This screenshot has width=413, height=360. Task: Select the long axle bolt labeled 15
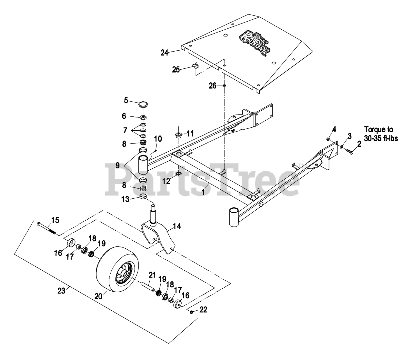click(x=47, y=228)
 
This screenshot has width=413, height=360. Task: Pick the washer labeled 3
click(x=341, y=147)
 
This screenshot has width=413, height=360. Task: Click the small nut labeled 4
click(x=327, y=139)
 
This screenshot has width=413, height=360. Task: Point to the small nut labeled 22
click(x=191, y=312)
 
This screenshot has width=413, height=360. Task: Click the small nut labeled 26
click(x=224, y=86)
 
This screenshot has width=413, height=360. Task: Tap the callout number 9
click(x=118, y=165)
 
